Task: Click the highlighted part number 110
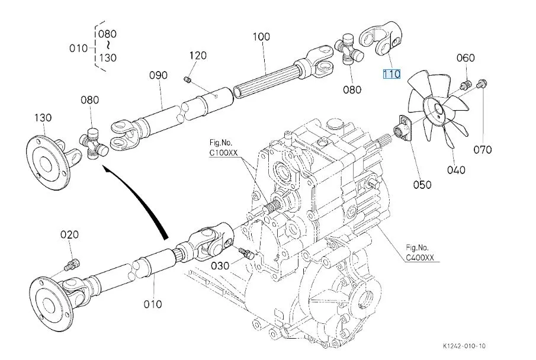point(391,74)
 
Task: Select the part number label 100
point(261,37)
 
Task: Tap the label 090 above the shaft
point(158,75)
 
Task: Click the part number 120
point(198,56)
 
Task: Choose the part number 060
point(466,57)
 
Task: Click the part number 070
point(483,149)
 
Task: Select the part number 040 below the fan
point(456,170)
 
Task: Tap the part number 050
point(422,184)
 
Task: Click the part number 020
point(69,234)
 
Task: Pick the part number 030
point(220,265)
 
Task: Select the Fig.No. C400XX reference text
point(421,252)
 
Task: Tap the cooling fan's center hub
point(438,110)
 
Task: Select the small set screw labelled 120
point(188,79)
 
